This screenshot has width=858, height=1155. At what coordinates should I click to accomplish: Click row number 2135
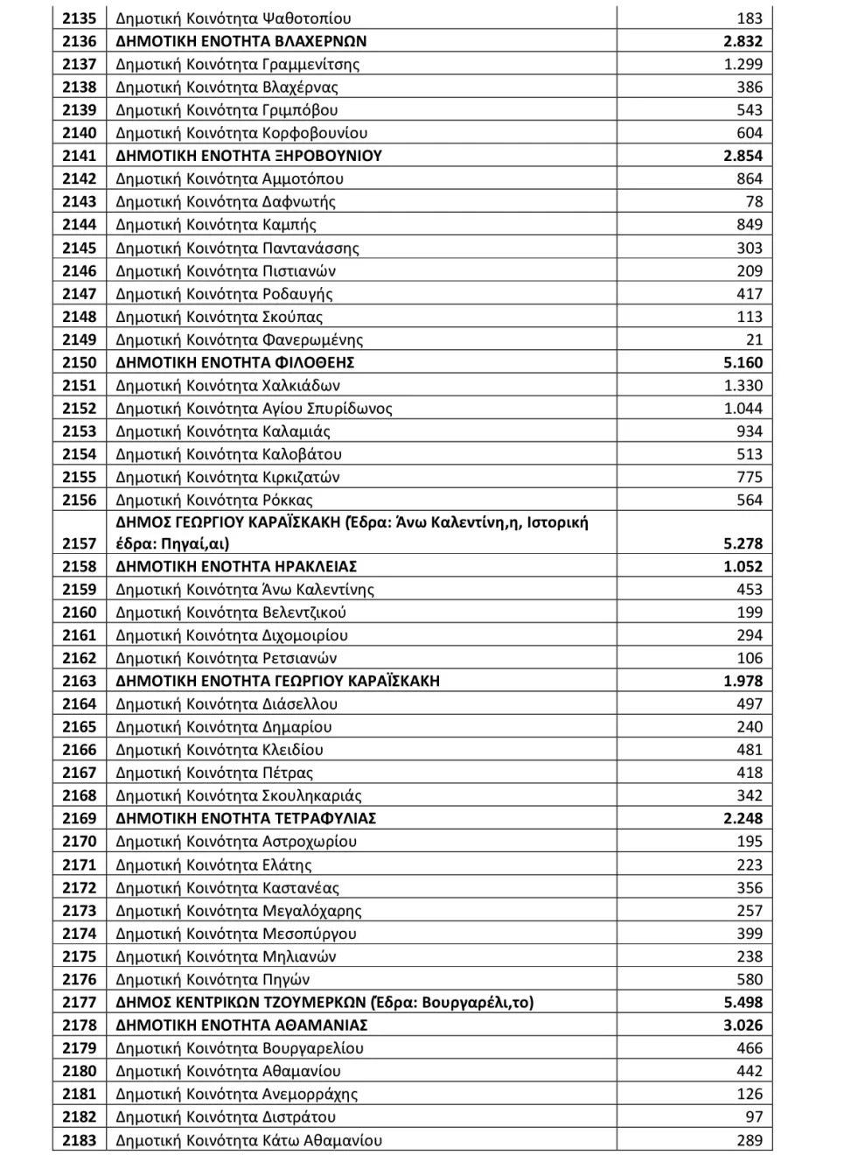pos(79,18)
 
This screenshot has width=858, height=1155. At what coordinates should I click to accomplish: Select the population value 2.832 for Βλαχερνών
pos(743,41)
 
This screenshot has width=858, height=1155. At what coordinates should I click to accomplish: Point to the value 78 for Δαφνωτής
pos(754,201)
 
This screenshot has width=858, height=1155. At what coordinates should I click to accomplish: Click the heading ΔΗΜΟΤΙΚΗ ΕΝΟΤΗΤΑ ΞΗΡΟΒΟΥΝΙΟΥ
pos(249,156)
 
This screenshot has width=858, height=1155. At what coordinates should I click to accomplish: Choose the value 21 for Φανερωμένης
pos(754,339)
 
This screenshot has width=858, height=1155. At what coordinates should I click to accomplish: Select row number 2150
pos(79,362)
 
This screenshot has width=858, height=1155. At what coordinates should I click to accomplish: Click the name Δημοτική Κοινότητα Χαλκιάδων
pos(227,385)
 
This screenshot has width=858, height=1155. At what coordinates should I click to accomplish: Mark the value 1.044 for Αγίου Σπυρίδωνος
pos(743,408)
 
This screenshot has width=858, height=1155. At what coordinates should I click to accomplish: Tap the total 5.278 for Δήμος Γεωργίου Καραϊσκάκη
pos(743,543)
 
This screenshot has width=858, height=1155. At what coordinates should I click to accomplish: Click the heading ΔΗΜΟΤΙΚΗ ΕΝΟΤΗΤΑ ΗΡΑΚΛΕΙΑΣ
pos(236,566)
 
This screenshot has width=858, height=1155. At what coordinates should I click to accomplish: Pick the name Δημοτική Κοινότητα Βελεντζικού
pos(231,612)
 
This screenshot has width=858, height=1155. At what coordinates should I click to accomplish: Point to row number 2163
pos(79,681)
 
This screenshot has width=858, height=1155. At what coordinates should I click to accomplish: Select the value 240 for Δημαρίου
pos(750,726)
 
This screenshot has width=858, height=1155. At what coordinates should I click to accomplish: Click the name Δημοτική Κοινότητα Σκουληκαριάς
pos(239,795)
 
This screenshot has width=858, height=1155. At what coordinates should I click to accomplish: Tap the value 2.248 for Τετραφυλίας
pos(743,818)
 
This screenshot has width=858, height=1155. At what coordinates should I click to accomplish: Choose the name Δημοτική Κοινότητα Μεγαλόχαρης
pos(239,910)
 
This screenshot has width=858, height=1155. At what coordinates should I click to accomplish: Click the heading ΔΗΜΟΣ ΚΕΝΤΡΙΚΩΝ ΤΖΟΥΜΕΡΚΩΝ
pos(324,1002)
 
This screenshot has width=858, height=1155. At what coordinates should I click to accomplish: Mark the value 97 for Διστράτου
pos(754,1116)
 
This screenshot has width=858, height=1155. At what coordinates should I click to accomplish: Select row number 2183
pos(79,1140)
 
